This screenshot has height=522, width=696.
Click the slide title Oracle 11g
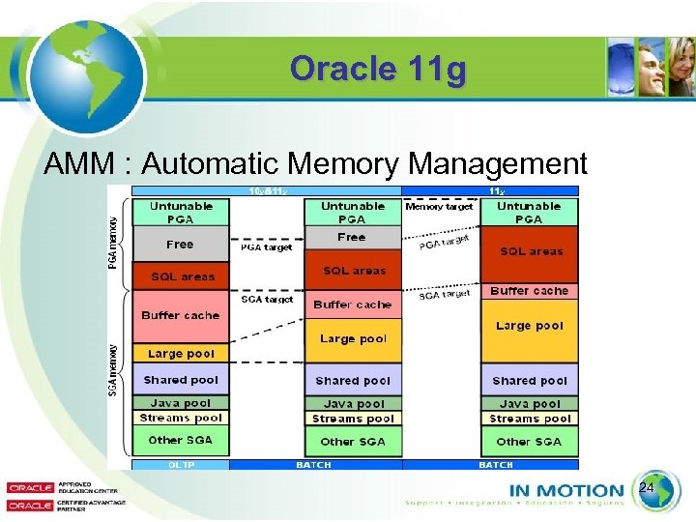[378, 70]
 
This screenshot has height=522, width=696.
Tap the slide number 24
[647, 490]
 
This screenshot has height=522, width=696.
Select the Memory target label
[439, 206]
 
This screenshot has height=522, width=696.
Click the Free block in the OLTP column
[181, 245]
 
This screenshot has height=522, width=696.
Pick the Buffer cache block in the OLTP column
[181, 316]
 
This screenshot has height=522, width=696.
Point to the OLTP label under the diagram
[181, 465]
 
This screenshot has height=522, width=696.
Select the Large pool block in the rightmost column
[529, 327]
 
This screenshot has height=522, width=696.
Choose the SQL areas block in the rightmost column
[529, 252]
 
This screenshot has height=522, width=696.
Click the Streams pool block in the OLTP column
[181, 419]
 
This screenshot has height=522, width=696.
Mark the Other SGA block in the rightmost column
[529, 442]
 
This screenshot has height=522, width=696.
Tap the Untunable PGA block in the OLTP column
[181, 213]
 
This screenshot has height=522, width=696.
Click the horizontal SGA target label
[266, 300]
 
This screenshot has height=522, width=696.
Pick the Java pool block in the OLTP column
[181, 403]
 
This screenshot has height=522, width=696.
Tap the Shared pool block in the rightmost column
[529, 381]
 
